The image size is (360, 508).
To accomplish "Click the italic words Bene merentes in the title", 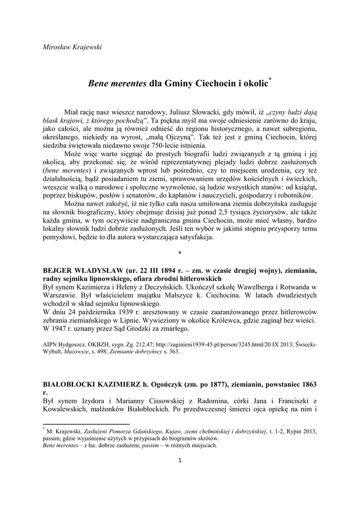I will [x=117, y=84].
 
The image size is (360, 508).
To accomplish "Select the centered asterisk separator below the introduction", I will [x=180, y=253].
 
